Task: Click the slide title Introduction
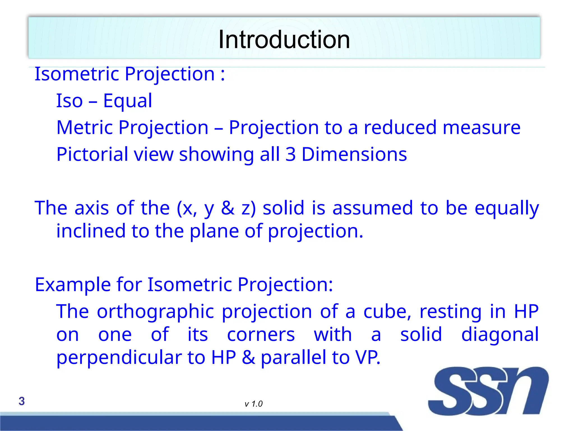pos(284,40)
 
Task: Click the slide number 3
pos(22,401)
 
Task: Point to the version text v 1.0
pos(253,404)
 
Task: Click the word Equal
pos(128,101)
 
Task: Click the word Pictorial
pos(92,154)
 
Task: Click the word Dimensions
pos(354,154)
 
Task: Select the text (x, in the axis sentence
pos(187,208)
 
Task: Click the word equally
pos(507,208)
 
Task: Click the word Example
pos(73,285)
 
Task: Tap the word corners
pos(261,334)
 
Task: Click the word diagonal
pos(500,334)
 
